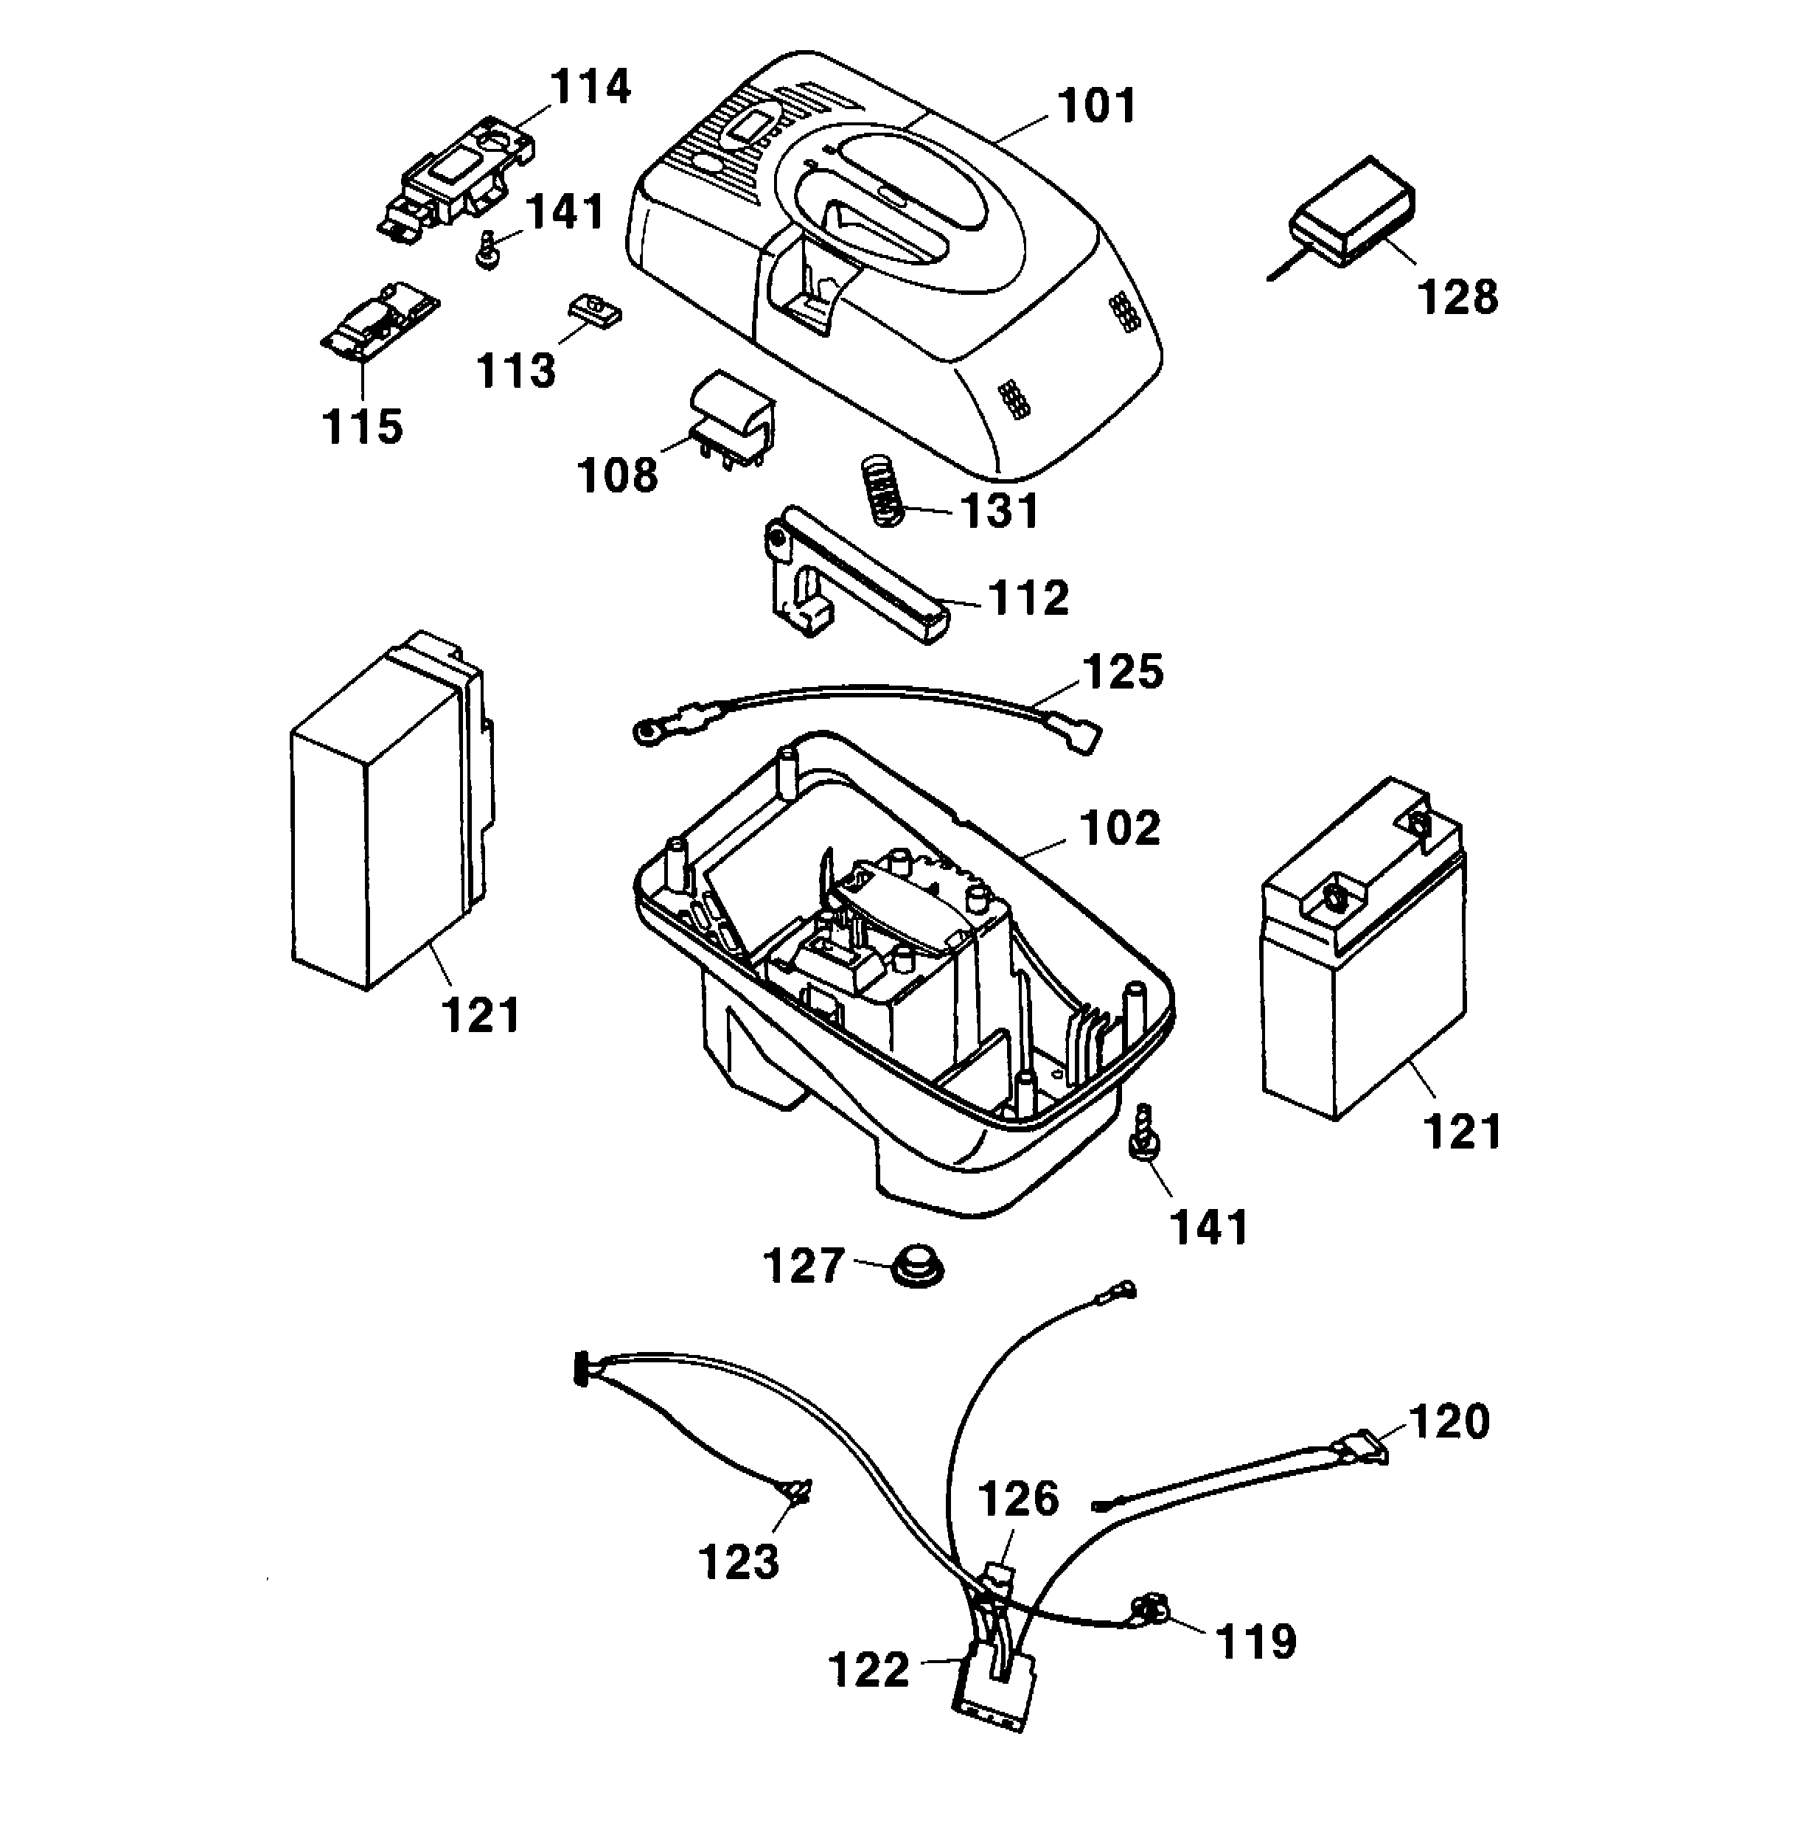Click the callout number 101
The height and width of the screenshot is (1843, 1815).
tap(1096, 106)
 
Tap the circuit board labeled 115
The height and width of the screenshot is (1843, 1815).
tap(378, 321)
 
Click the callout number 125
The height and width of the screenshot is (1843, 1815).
tap(1123, 672)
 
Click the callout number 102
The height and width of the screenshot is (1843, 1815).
tap(1119, 828)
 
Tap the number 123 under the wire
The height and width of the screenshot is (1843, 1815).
tap(738, 1561)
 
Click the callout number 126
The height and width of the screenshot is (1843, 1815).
tap(1017, 1498)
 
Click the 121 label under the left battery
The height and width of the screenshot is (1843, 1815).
tap(481, 1015)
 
